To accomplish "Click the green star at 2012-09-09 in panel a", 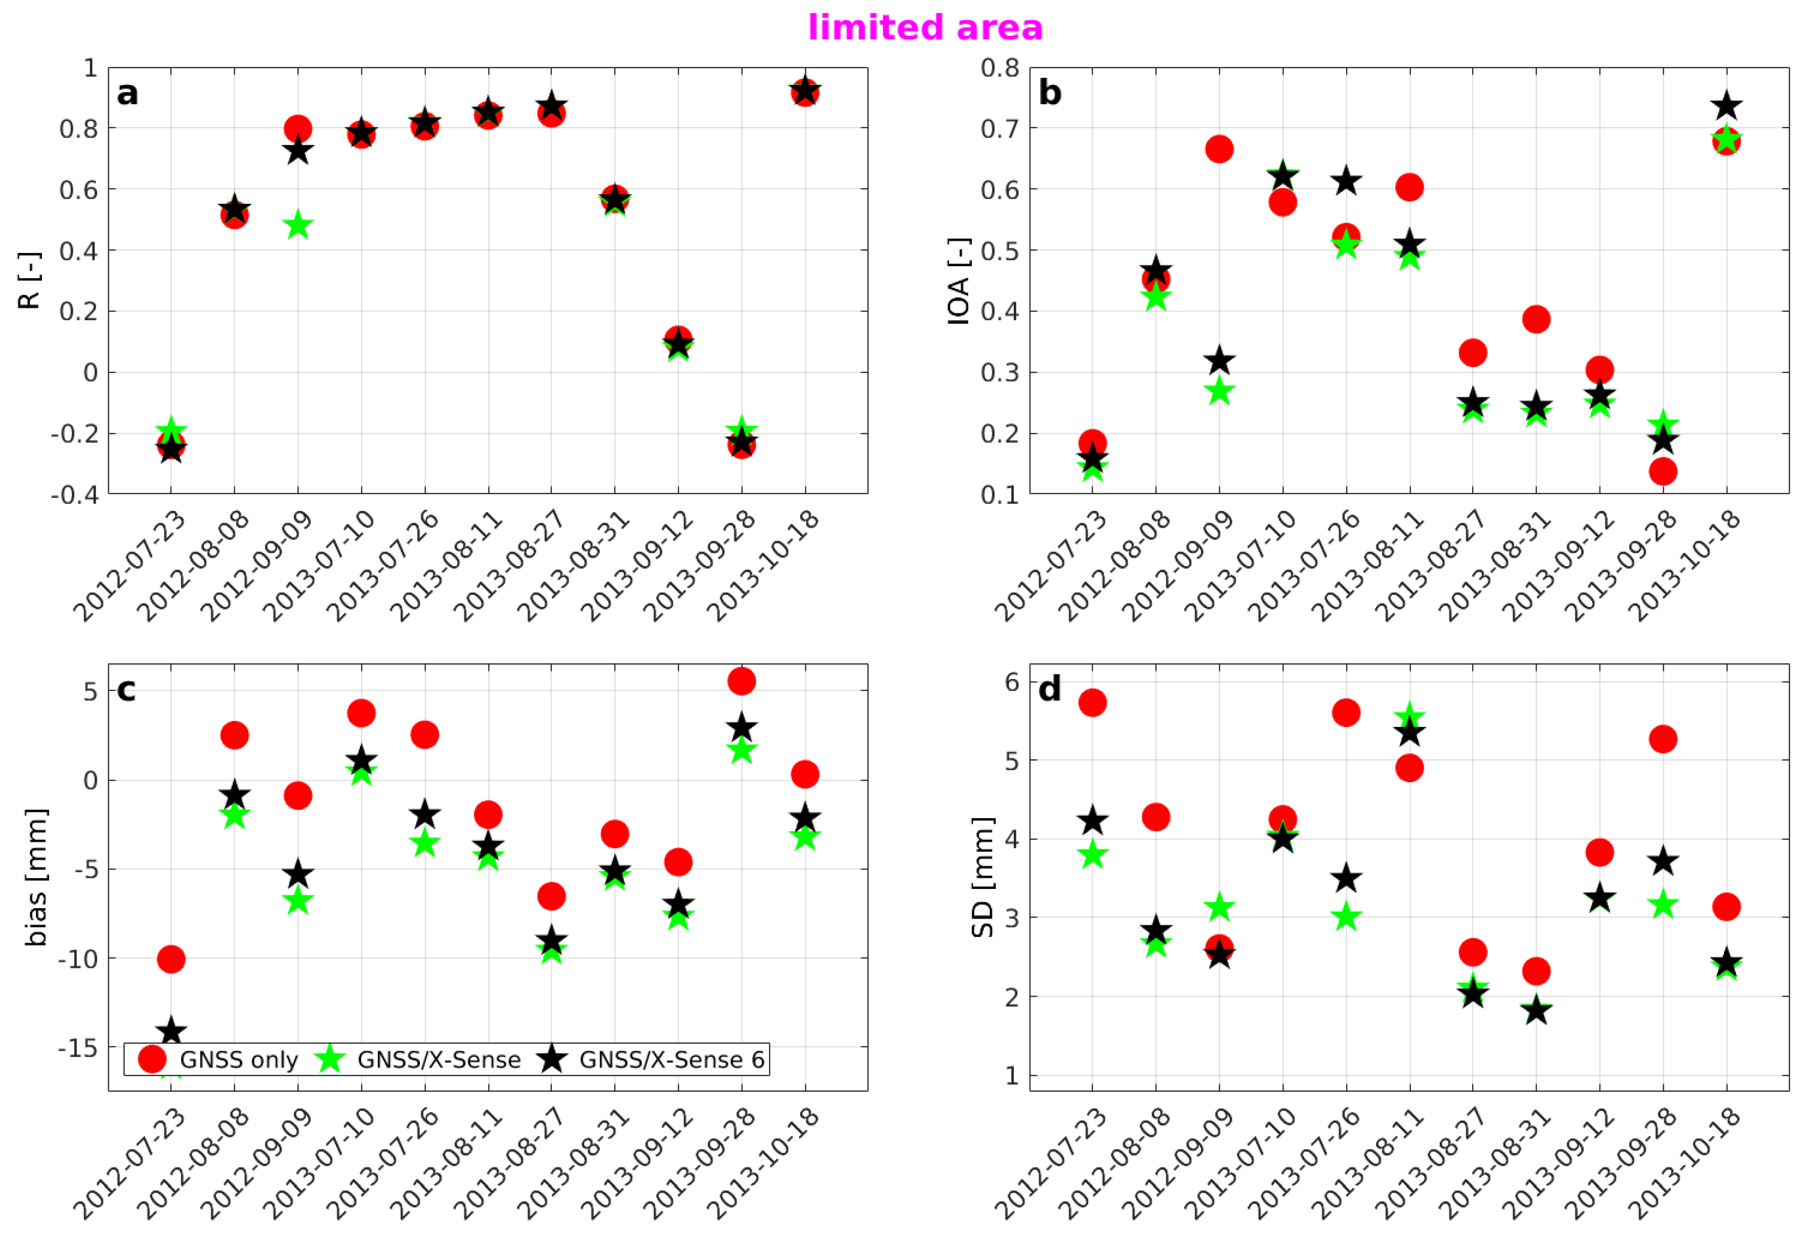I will pyautogui.click(x=297, y=227).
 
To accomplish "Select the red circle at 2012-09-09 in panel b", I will pyautogui.click(x=1219, y=149).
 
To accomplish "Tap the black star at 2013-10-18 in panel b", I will pyautogui.click(x=1727, y=106).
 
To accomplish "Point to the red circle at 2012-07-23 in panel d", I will pyautogui.click(x=1092, y=703).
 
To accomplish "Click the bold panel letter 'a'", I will pyautogui.click(x=127, y=94).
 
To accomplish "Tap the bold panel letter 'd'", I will pyautogui.click(x=1049, y=690).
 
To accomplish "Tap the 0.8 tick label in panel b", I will pyautogui.click(x=999, y=69).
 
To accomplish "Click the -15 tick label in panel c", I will pyautogui.click(x=78, y=1048).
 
